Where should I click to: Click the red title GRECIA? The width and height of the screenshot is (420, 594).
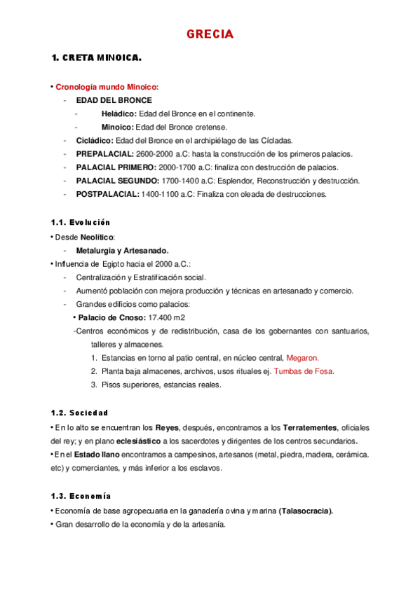(210, 34)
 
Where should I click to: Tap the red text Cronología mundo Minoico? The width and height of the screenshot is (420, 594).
(107, 87)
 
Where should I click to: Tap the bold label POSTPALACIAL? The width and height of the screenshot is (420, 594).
(107, 194)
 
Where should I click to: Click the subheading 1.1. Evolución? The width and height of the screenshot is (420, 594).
(81, 222)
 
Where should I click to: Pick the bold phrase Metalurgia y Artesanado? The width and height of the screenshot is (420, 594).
(122, 250)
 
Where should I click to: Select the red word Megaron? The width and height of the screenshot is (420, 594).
(303, 357)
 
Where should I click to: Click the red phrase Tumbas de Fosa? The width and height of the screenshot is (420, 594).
(304, 371)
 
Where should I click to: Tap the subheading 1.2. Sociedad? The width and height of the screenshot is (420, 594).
(79, 412)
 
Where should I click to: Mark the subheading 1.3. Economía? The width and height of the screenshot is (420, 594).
(81, 495)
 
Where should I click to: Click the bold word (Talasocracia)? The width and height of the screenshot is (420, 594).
(306, 511)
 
